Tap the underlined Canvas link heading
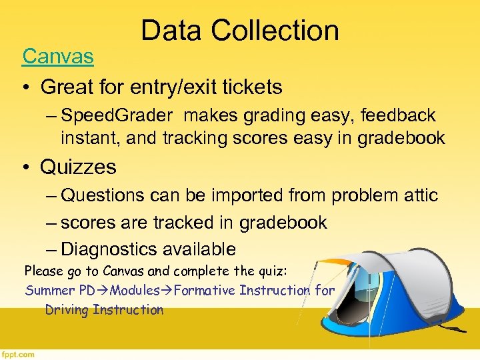pyautogui.click(x=58, y=57)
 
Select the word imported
pyautogui.click(x=245, y=195)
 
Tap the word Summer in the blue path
pyautogui.click(x=47, y=291)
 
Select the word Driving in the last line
pyautogui.click(x=67, y=309)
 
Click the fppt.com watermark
pyautogui.click(x=18, y=355)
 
